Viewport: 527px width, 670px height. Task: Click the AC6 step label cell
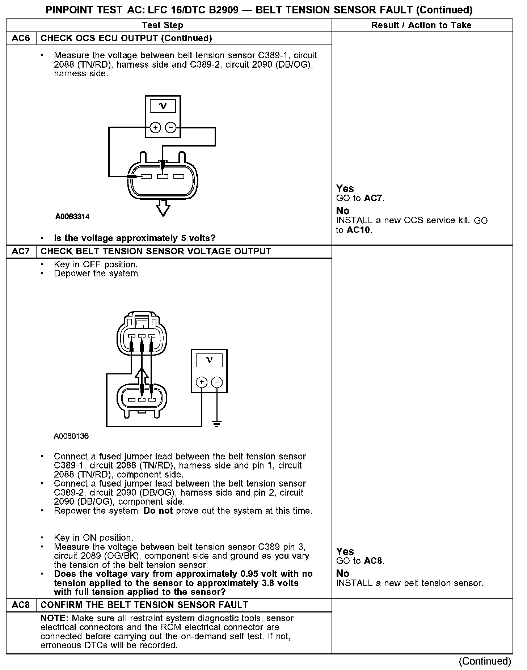(x=21, y=38)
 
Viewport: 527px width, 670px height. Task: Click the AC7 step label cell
(x=21, y=251)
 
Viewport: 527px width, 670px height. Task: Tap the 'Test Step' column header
(x=163, y=25)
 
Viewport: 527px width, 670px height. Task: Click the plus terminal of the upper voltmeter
(x=155, y=128)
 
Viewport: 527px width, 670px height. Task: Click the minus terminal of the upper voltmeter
(x=170, y=128)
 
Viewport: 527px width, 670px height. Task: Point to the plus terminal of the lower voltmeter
(x=202, y=382)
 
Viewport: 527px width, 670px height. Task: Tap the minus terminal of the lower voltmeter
(x=217, y=382)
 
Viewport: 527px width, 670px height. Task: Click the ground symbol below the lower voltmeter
(x=217, y=424)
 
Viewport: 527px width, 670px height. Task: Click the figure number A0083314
(x=72, y=217)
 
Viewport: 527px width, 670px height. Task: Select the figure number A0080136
(x=71, y=436)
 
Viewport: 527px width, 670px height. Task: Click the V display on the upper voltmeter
(x=163, y=106)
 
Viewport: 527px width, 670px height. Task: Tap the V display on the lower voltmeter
(x=209, y=360)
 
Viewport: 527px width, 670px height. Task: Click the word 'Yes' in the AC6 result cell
(x=345, y=188)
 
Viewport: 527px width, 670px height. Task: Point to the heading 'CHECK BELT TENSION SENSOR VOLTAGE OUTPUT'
(x=156, y=251)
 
